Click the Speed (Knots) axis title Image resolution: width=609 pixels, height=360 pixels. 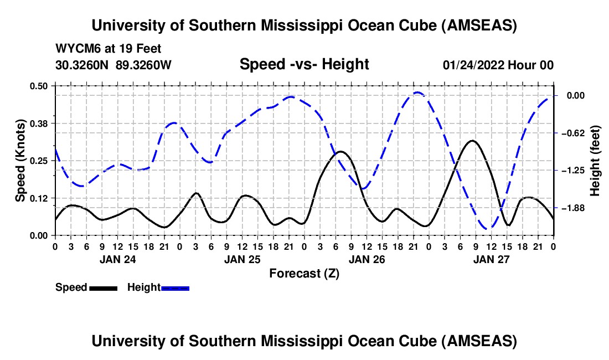coord(20,160)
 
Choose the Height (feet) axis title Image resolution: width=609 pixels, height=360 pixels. coord(595,161)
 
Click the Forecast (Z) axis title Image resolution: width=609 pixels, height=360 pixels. coord(304,273)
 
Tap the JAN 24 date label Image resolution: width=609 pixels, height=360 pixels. coord(117,259)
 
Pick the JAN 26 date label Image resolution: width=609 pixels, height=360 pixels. coord(367,259)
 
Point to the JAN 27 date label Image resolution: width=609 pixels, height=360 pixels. coord(491,259)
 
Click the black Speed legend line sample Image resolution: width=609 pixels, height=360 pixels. coord(103,287)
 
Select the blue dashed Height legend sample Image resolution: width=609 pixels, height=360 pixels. coord(175,287)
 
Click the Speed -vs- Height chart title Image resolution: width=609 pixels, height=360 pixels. coord(304,64)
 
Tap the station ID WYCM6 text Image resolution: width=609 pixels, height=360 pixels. coord(75,49)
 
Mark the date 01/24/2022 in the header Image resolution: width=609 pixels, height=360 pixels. coord(475,65)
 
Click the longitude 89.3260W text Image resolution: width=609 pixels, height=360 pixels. coord(144,65)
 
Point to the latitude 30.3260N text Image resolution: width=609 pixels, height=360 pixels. coord(83,65)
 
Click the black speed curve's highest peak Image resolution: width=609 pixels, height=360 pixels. coord(471,141)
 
